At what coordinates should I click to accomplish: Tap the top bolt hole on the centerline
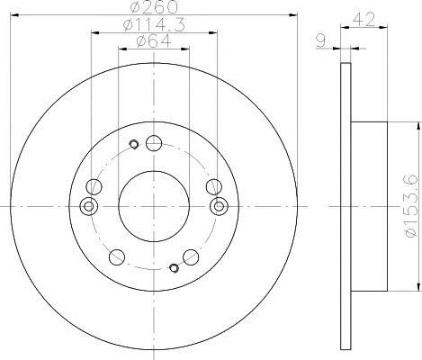tap(153, 143)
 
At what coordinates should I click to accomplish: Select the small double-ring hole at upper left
tap(134, 143)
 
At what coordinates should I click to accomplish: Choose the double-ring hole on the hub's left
tap(88, 207)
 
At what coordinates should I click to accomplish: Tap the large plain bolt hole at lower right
tap(190, 256)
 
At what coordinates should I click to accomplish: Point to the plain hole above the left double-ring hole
tap(93, 187)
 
